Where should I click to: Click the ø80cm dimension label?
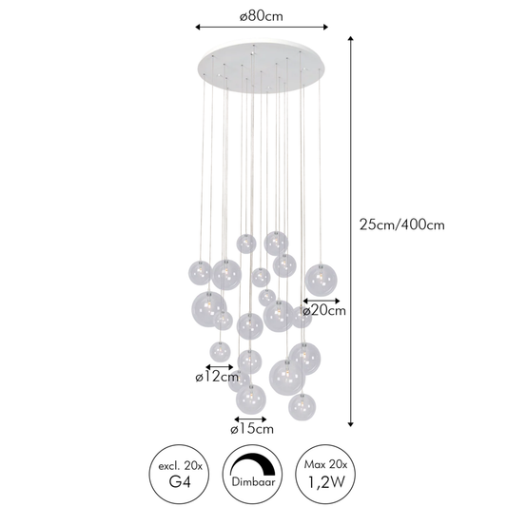(262, 16)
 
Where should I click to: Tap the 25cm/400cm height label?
(402, 224)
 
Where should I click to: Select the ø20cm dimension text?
(324, 310)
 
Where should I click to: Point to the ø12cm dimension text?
(217, 377)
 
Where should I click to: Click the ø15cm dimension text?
(252, 429)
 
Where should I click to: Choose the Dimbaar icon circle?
(252, 474)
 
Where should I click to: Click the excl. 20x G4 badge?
(179, 474)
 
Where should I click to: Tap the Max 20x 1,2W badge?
(325, 474)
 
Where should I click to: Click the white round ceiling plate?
(262, 68)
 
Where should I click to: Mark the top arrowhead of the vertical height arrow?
(350, 38)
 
